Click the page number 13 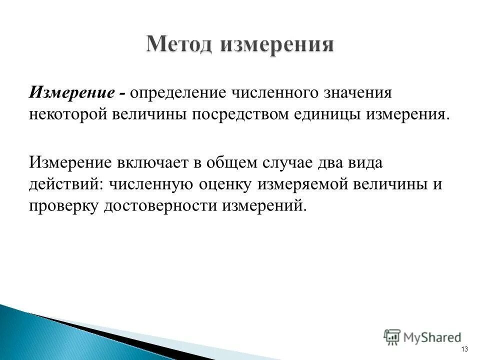464,349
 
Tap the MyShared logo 422,337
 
